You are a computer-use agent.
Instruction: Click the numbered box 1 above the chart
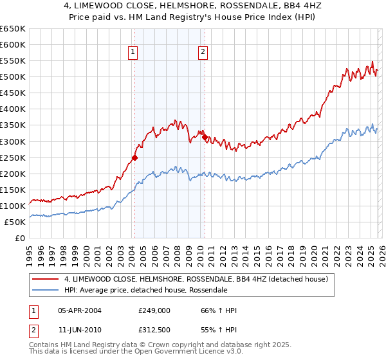[133, 53]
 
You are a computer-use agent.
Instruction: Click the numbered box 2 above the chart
[203, 53]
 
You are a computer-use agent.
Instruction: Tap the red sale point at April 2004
[134, 157]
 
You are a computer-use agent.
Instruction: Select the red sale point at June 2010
[205, 137]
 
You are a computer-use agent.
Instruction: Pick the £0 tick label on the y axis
[19, 238]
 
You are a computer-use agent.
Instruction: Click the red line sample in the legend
[46, 279]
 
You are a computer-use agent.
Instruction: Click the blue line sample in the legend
[46, 291]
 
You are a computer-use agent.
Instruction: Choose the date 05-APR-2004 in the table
[82, 311]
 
